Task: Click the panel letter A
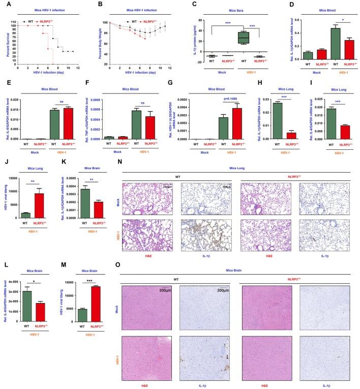4,4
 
